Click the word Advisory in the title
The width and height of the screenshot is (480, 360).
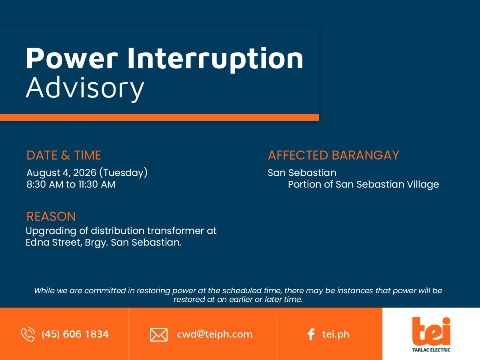pos(85,88)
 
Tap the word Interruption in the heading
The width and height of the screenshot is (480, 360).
pos(215,59)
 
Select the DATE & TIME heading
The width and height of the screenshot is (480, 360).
pos(64,155)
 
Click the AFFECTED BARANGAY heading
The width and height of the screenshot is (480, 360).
pos(334,155)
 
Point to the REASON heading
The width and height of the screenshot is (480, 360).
pos(51,216)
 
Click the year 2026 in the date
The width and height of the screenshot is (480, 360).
pos(85,173)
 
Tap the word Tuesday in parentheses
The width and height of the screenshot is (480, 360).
pos(123,173)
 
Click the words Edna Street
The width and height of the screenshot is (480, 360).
pos(54,242)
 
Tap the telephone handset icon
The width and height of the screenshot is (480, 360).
pos(28,334)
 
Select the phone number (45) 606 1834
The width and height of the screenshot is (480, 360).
pos(75,334)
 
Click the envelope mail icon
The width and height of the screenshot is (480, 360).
pos(159,335)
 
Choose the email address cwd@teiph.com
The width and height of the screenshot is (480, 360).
pos(215,334)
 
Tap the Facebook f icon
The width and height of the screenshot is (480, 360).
pos(311,334)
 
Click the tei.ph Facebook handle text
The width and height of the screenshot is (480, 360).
pos(336,334)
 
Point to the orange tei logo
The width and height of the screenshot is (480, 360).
pos(431,331)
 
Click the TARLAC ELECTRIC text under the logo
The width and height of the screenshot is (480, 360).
pos(431,350)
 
